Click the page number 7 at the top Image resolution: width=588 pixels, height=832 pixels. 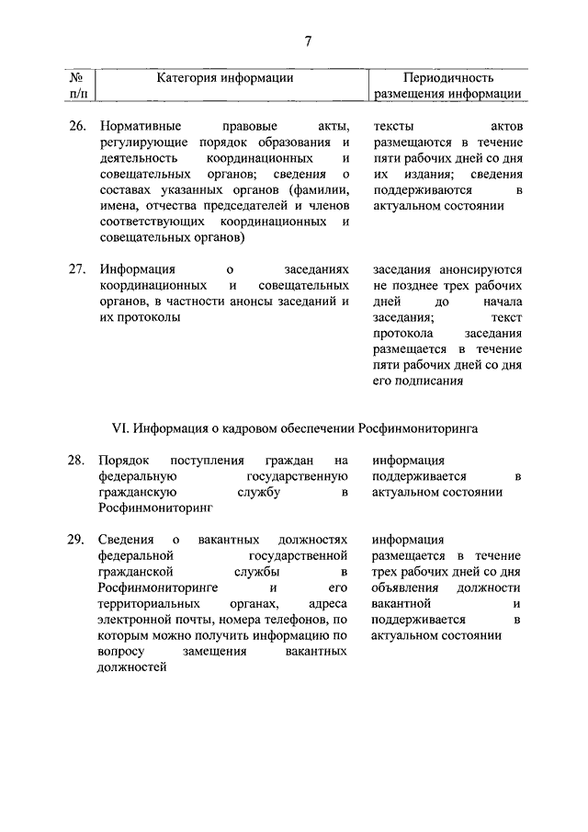click(x=309, y=40)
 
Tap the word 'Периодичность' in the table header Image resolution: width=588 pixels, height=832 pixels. click(x=449, y=78)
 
